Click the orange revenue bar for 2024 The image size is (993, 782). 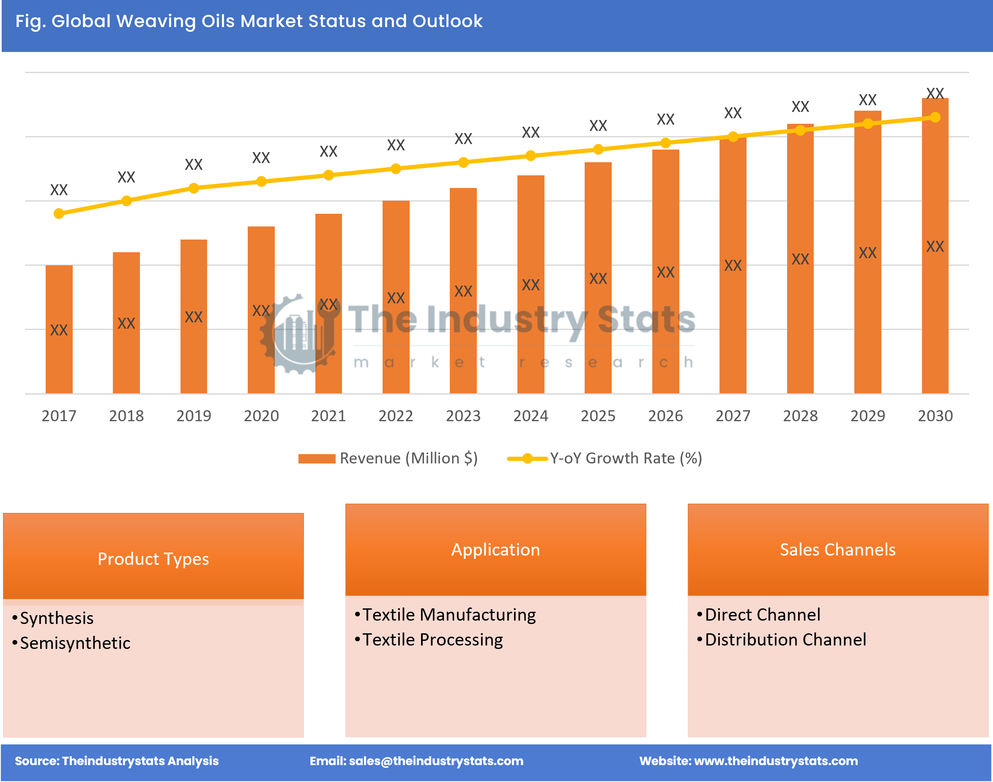pos(531,284)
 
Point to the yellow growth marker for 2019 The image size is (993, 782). pos(194,188)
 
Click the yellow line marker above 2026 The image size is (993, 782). pos(665,143)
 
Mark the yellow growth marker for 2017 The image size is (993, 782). pos(59,213)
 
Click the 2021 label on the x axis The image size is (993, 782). pos(328,416)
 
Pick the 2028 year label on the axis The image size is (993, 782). pos(800,416)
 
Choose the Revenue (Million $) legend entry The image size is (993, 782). pos(388,458)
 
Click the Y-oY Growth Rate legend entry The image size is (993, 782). pos(605,458)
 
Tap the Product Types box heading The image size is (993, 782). pos(153,559)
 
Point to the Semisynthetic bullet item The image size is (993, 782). pos(75,643)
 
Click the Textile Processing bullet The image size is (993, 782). pos(432,640)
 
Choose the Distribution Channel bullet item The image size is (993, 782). pos(785,640)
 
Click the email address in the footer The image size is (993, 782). pos(435,761)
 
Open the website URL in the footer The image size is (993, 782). pos(775,761)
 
